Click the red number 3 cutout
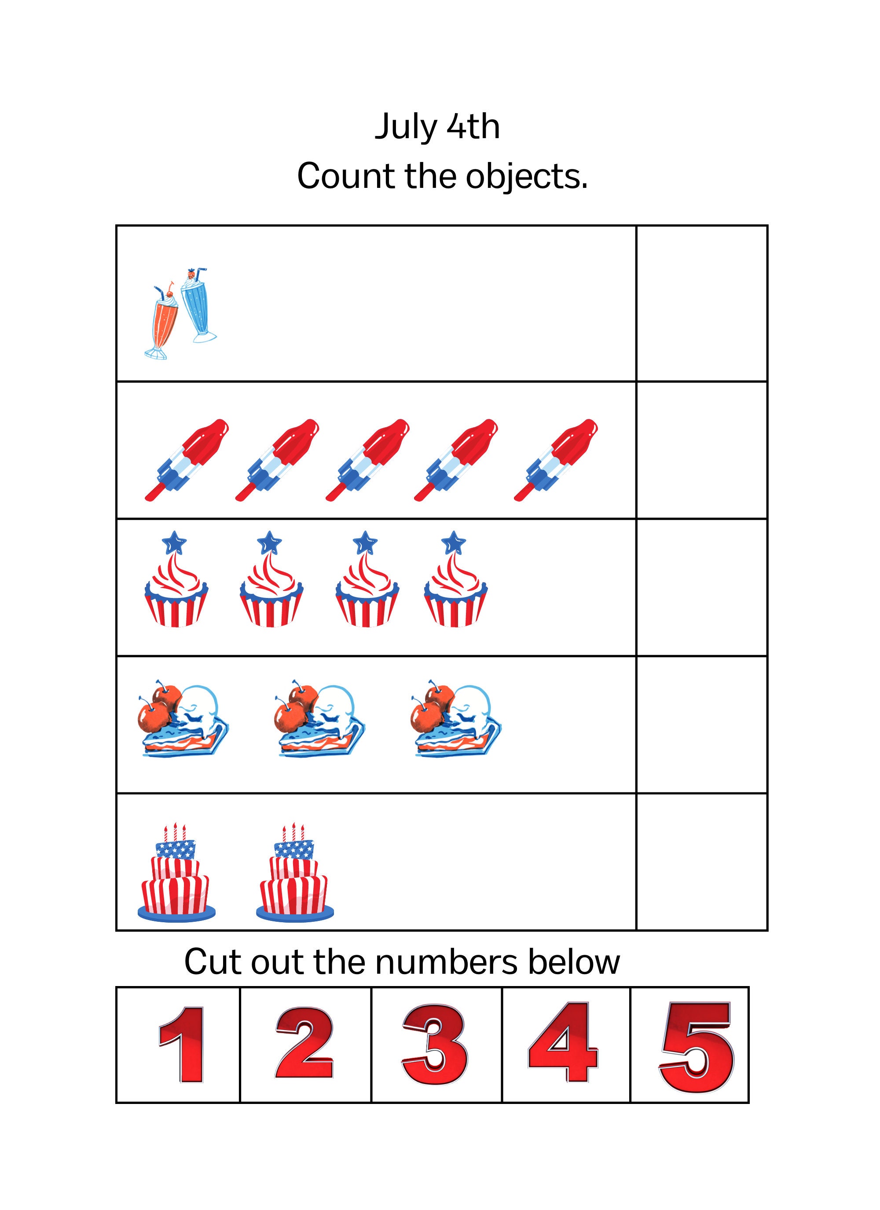point(434,1045)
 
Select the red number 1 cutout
point(183,1045)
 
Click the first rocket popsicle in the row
point(186,460)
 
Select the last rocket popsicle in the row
point(556,460)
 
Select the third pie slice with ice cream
point(456,718)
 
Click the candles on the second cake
point(293,832)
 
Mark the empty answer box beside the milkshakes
point(701,304)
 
